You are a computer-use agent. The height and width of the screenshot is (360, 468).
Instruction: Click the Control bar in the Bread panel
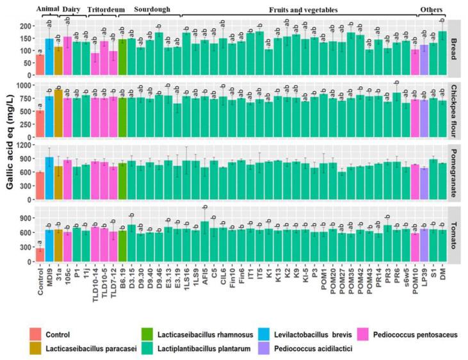[x=40, y=65]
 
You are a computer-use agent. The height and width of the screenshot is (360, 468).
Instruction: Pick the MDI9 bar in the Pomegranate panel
[x=49, y=179]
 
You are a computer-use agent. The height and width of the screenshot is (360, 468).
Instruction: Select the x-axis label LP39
[x=424, y=275]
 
